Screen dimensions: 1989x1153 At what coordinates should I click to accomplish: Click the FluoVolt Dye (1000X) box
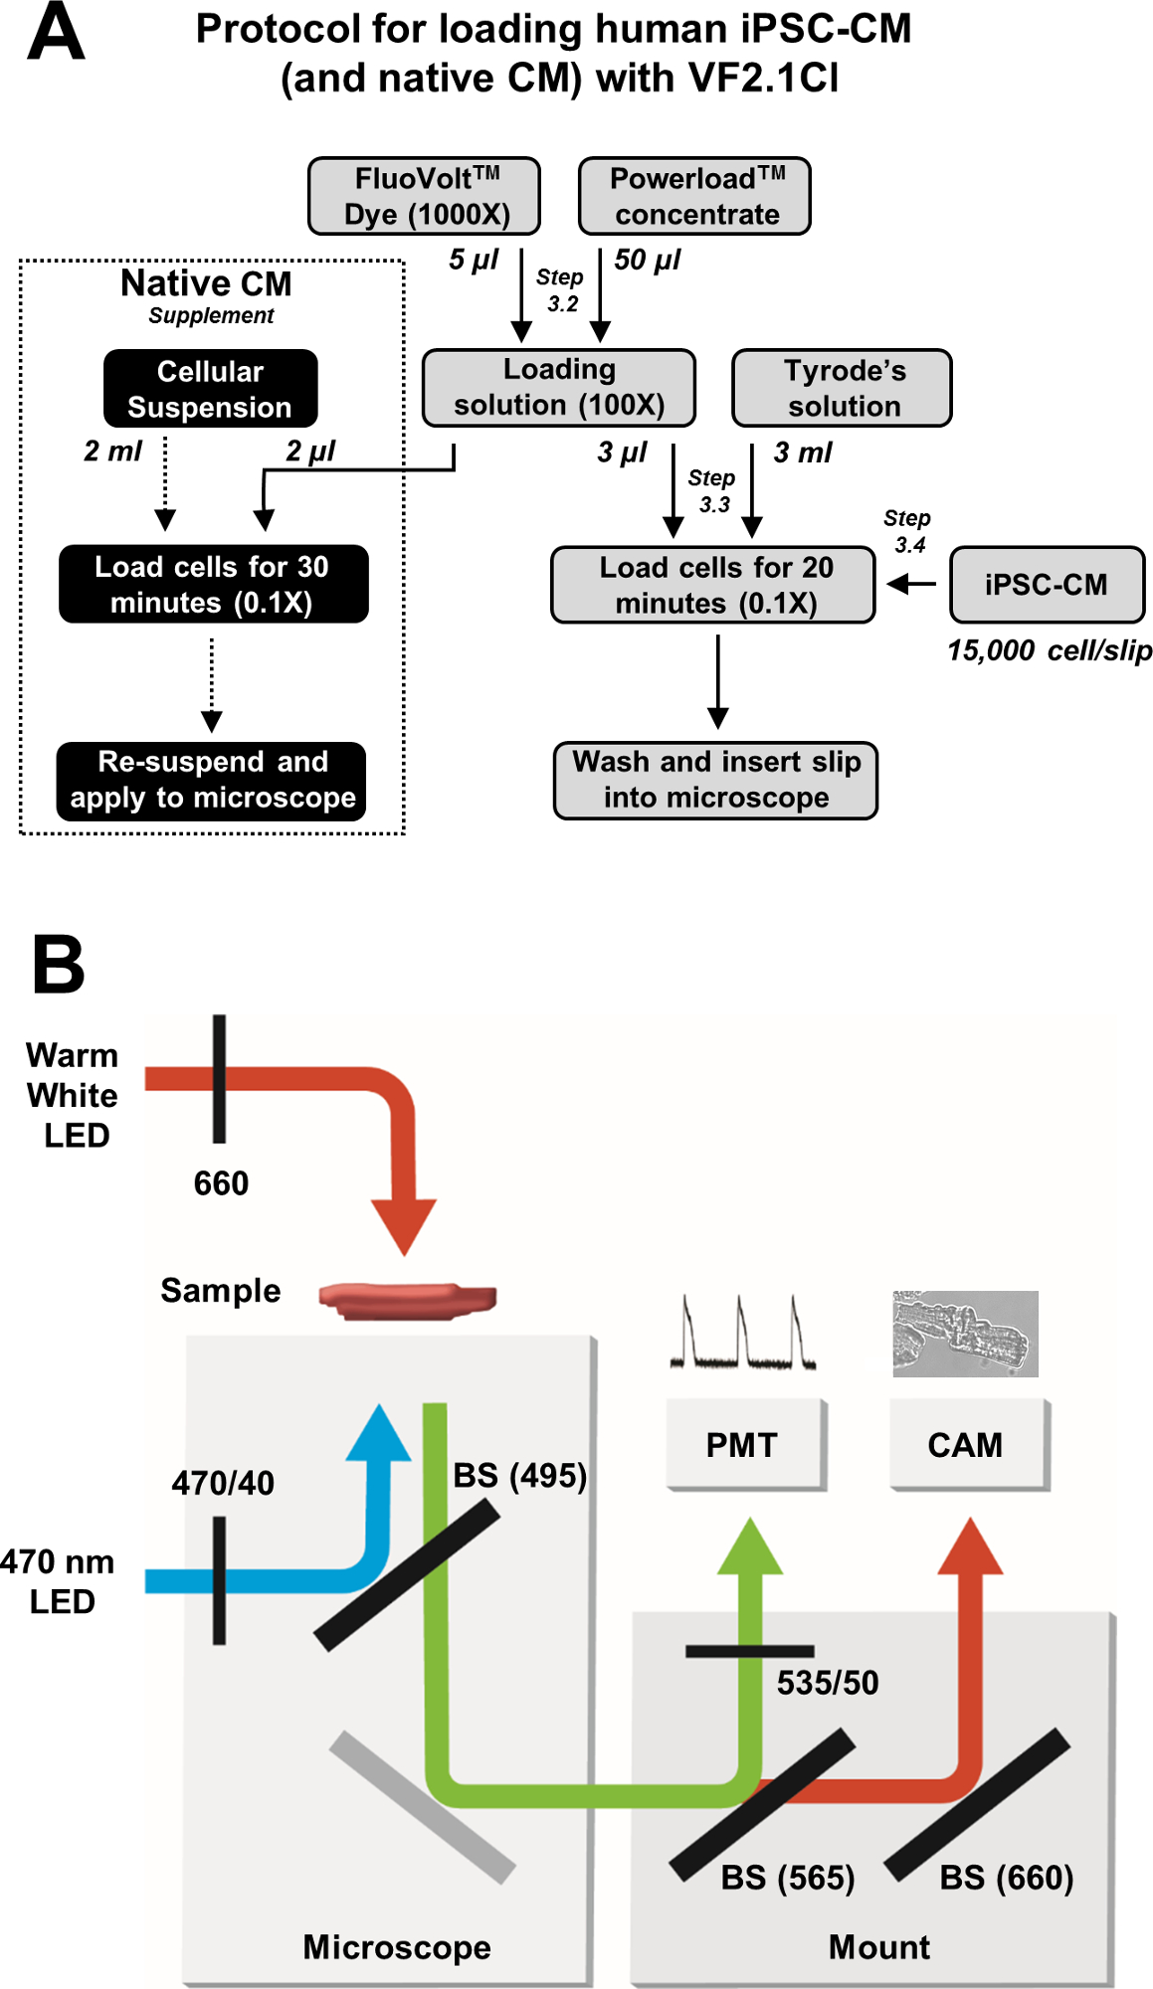424,196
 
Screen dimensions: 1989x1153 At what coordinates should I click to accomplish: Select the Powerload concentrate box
694,196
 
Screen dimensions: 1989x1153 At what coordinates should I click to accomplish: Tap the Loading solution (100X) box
558,387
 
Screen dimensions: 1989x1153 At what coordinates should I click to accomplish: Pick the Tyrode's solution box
842,388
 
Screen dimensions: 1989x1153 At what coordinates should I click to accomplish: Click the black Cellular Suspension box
210,389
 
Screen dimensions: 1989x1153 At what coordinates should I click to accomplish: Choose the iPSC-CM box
1047,584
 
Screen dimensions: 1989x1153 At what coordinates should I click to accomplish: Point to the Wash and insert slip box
715,780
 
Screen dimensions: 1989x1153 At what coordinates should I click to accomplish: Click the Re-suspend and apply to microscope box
212,781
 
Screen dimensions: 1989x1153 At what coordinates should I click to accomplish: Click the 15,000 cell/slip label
1049,650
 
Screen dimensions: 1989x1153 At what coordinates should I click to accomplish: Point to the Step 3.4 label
907,531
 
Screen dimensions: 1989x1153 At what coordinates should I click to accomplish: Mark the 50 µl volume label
648,260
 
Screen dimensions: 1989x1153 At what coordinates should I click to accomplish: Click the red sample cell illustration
407,1299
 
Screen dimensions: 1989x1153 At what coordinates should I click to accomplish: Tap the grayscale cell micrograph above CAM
965,1334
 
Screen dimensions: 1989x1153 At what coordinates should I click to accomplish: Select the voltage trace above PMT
742,1334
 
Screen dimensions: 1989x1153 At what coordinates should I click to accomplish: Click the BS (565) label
787,1877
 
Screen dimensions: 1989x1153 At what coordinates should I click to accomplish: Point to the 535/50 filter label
828,1682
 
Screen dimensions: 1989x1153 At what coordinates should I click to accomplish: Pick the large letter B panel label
59,964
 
